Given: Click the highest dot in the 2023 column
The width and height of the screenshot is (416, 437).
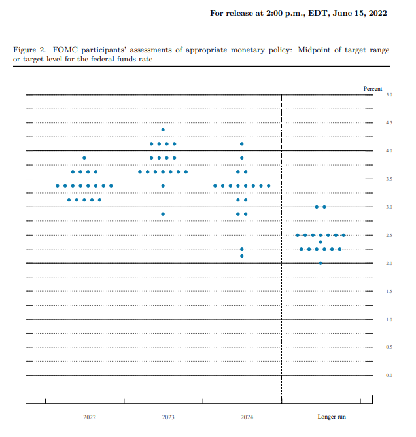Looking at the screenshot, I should coord(163,130).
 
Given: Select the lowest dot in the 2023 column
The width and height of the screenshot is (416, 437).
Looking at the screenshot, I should coord(163,214).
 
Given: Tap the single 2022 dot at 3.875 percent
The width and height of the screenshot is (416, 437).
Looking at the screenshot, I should coord(84,158).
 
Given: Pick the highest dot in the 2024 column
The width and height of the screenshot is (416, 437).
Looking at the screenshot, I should coord(242,144).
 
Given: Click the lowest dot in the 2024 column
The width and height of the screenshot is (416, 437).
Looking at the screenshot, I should coord(242,256).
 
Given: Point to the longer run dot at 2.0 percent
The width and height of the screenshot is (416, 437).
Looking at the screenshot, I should coord(321,263).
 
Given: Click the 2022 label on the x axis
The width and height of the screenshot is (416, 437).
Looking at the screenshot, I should coord(90,417).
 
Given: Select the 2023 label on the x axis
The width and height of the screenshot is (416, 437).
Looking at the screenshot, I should coord(169,417).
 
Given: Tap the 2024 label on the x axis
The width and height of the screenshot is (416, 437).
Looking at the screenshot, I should coord(247,417).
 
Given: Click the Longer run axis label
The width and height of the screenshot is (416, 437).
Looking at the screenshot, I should coord(332,417).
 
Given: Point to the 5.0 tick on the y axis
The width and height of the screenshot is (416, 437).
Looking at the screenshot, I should coord(389,95).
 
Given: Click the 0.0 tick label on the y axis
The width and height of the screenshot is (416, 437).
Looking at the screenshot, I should coord(389,376).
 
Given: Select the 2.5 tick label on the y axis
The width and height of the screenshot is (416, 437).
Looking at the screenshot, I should coord(389,236).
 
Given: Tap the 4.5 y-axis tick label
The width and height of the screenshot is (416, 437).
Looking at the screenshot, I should coord(389,123).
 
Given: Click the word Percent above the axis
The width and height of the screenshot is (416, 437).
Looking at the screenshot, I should coord(373,88).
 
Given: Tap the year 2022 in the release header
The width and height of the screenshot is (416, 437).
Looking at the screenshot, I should coord(375,13).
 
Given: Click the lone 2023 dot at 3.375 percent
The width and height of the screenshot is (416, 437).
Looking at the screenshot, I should coord(163,186).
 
